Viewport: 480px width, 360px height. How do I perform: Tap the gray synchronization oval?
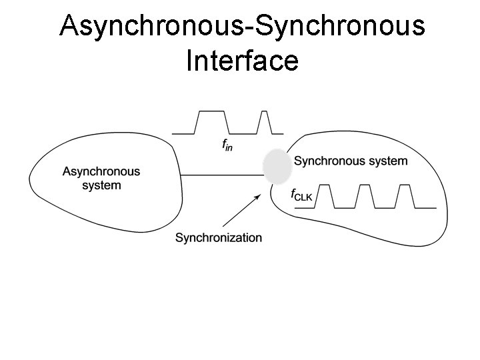coord(277,167)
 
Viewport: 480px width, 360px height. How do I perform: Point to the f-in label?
coord(227,144)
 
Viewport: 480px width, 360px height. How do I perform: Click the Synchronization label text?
coord(219,237)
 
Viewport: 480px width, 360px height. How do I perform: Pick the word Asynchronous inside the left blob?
coord(101,171)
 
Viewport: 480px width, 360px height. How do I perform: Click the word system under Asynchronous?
coord(101,185)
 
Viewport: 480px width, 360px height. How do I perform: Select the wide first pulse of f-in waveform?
coord(212,121)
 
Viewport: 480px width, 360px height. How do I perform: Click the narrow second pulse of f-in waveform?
coord(264,121)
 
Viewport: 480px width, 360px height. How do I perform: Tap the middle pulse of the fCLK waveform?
coord(365,196)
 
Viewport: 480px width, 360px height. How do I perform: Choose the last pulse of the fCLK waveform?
coord(405,196)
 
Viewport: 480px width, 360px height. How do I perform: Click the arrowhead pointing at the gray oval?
coord(257,197)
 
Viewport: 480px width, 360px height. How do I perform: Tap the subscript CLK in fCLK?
coord(305,197)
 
